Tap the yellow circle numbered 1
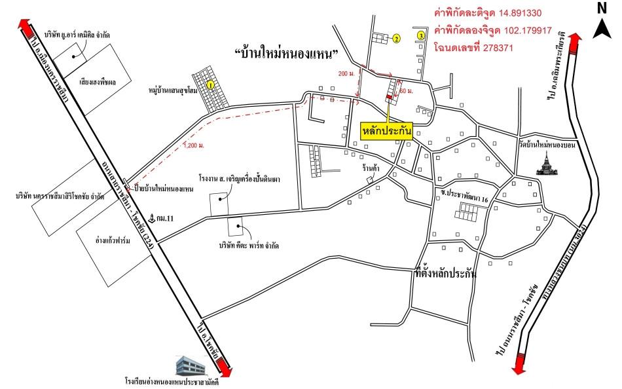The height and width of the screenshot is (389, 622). pos(210,84)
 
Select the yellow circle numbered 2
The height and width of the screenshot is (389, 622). pos(396,39)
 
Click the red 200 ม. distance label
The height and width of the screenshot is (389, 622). pos(342,73)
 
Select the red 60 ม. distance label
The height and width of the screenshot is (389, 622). pos(407,90)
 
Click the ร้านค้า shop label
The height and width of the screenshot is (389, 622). pos(373,168)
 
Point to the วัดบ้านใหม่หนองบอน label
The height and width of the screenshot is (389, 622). pos(545,145)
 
